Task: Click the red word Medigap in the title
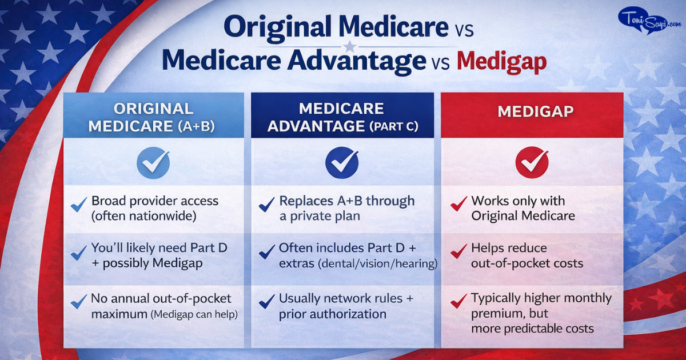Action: pyautogui.click(x=501, y=62)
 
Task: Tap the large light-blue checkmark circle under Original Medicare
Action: pyautogui.click(x=153, y=163)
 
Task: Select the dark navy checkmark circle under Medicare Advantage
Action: pyautogui.click(x=342, y=163)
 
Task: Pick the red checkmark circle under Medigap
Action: pyautogui.click(x=532, y=163)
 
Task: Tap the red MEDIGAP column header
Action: pyautogui.click(x=531, y=111)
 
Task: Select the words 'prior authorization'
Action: pyautogui.click(x=333, y=314)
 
